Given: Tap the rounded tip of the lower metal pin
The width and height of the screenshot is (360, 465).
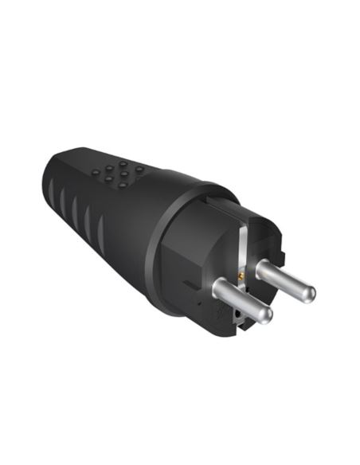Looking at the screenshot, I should [265, 315].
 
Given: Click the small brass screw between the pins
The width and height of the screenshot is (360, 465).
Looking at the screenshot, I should [239, 276].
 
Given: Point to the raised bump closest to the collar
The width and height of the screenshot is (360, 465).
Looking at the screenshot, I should [139, 169].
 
